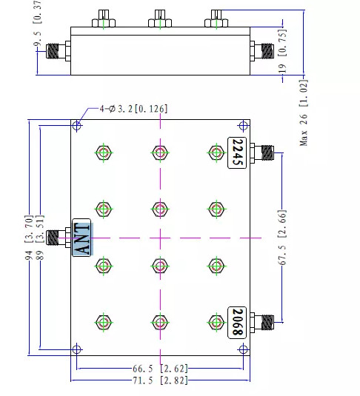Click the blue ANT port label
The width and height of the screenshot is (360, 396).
coord(81,238)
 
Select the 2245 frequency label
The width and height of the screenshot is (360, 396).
coord(236,152)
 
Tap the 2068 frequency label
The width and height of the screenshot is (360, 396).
coord(236,322)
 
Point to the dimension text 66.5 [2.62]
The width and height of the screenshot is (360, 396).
coord(160,366)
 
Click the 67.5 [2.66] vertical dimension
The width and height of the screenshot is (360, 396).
coord(283,238)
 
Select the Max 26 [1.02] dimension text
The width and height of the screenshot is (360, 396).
coord(304,119)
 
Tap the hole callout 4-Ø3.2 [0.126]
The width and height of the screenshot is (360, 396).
coord(133,109)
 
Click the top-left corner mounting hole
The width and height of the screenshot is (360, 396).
coord(77,126)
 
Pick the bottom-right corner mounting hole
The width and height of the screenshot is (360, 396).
coord(243,349)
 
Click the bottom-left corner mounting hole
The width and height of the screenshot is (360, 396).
coord(77,349)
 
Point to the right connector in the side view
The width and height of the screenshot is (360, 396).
coord(264,51)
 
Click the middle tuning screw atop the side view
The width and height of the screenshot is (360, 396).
coord(159,18)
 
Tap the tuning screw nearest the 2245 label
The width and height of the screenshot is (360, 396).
coord(216,152)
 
